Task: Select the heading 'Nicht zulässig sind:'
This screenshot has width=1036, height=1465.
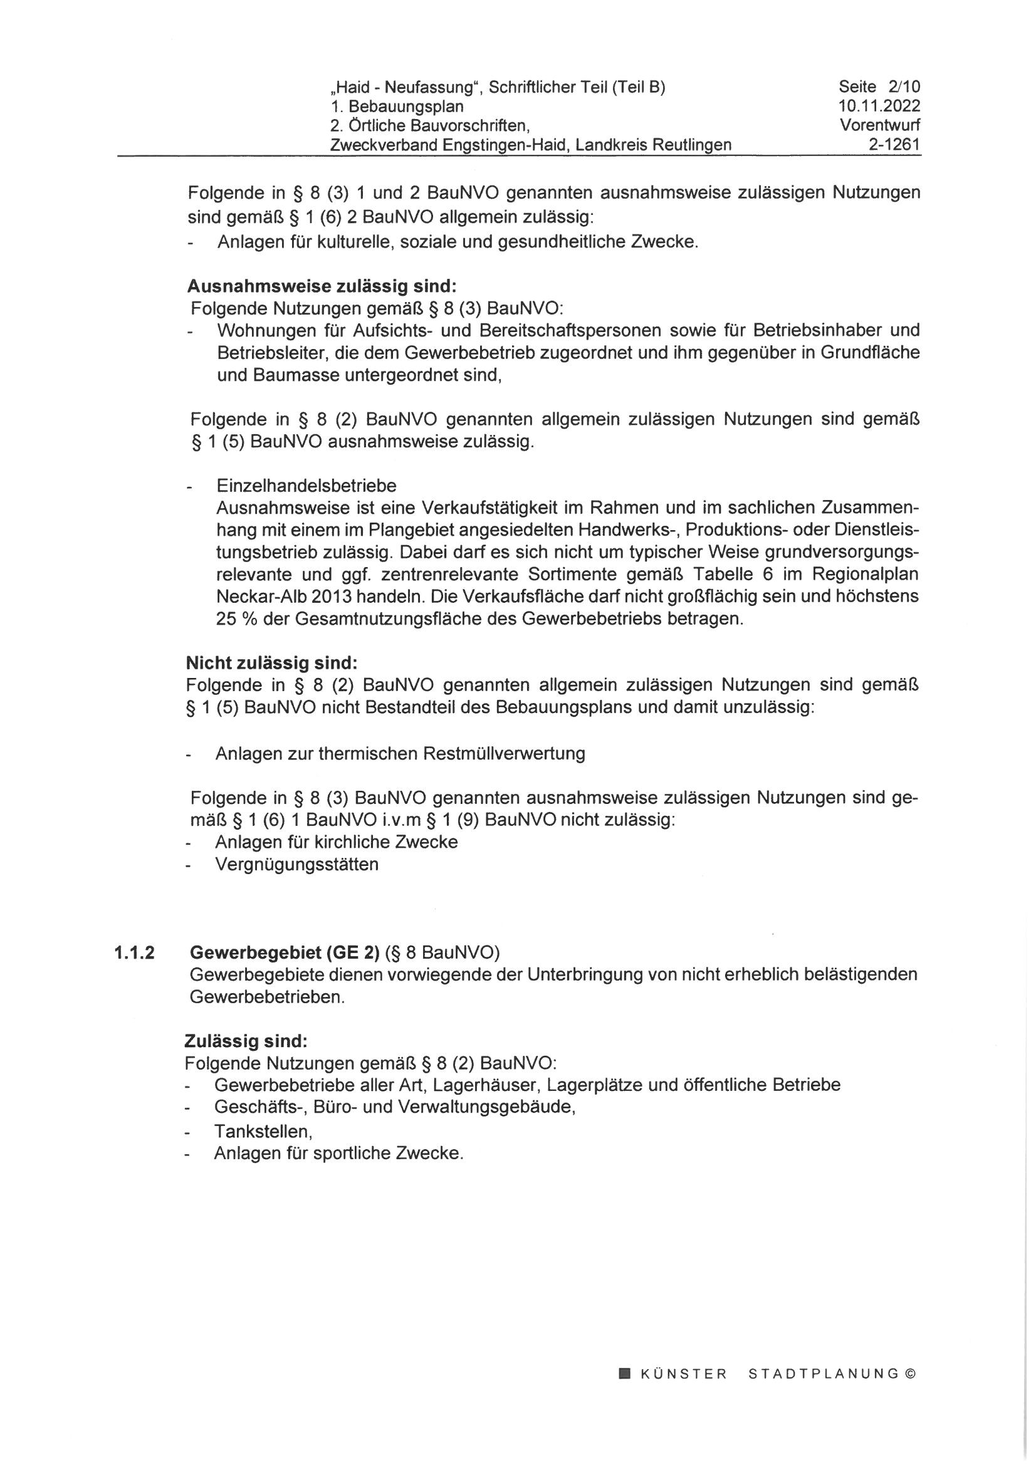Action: [272, 663]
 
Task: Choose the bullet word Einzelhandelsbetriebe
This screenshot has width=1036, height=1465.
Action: [306, 486]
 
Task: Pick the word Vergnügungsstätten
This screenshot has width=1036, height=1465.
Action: [297, 865]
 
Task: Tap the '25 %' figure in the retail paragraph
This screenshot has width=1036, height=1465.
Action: [236, 619]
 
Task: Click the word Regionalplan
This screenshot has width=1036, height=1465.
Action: [865, 574]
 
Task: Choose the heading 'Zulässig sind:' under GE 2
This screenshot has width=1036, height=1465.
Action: [246, 1041]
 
